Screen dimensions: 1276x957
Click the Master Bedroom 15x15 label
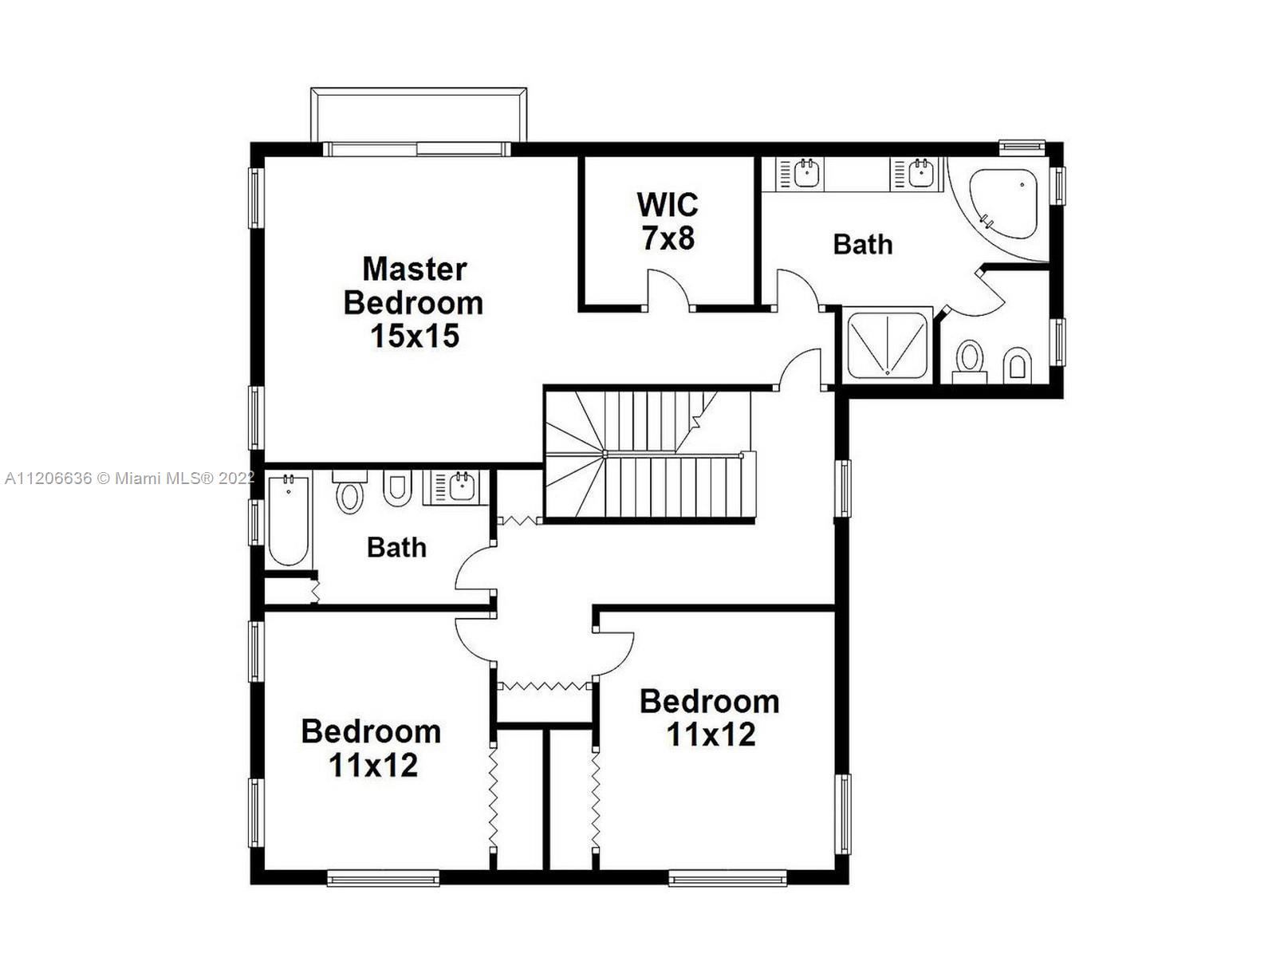413,303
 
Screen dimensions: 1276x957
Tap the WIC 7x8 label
668,222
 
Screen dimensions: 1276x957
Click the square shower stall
887,345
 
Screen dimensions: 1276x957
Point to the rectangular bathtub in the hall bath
289,519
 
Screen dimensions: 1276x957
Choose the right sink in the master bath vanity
920,173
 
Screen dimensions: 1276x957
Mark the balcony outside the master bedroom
419,114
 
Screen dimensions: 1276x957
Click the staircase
649,455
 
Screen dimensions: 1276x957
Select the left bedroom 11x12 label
372,748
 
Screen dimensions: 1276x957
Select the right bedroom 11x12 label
710,718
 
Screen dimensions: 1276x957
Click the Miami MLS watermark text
130,478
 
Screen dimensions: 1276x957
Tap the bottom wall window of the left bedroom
383,878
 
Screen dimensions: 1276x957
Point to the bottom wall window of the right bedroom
727,878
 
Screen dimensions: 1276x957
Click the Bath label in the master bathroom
863,244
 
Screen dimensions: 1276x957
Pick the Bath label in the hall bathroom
396,547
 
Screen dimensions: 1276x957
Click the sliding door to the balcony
417,149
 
